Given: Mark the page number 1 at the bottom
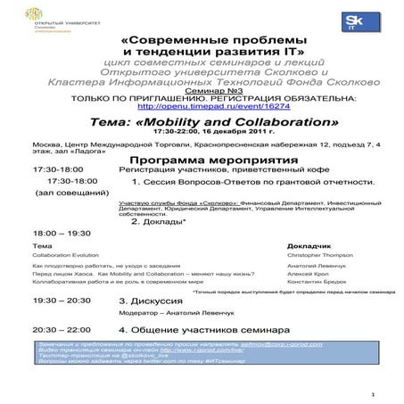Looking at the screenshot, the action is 372,392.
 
